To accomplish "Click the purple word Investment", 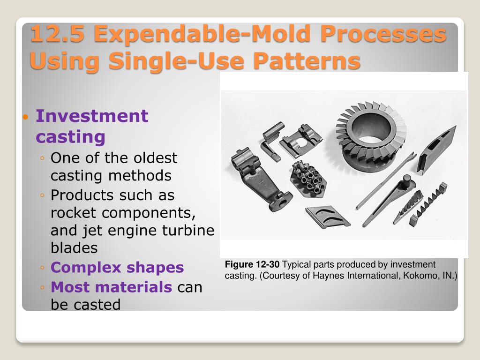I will tap(92, 116).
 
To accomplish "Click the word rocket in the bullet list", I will tap(74, 212).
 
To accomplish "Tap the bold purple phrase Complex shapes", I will tap(117, 268).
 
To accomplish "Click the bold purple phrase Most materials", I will tap(112, 286).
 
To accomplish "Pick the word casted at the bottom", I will tap(99, 305).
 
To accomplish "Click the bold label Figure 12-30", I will tap(252, 265).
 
